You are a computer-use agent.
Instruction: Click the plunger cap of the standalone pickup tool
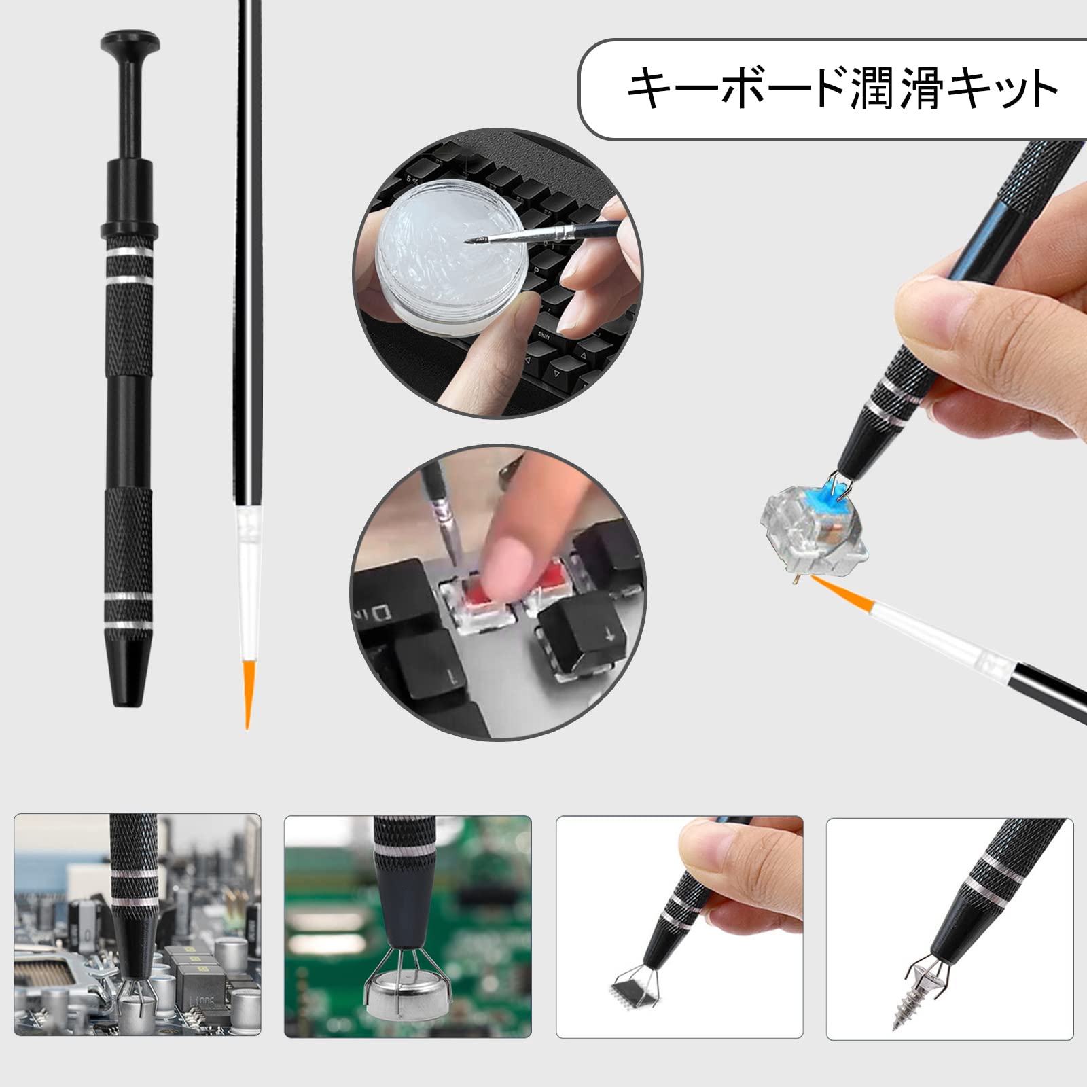tap(130, 42)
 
